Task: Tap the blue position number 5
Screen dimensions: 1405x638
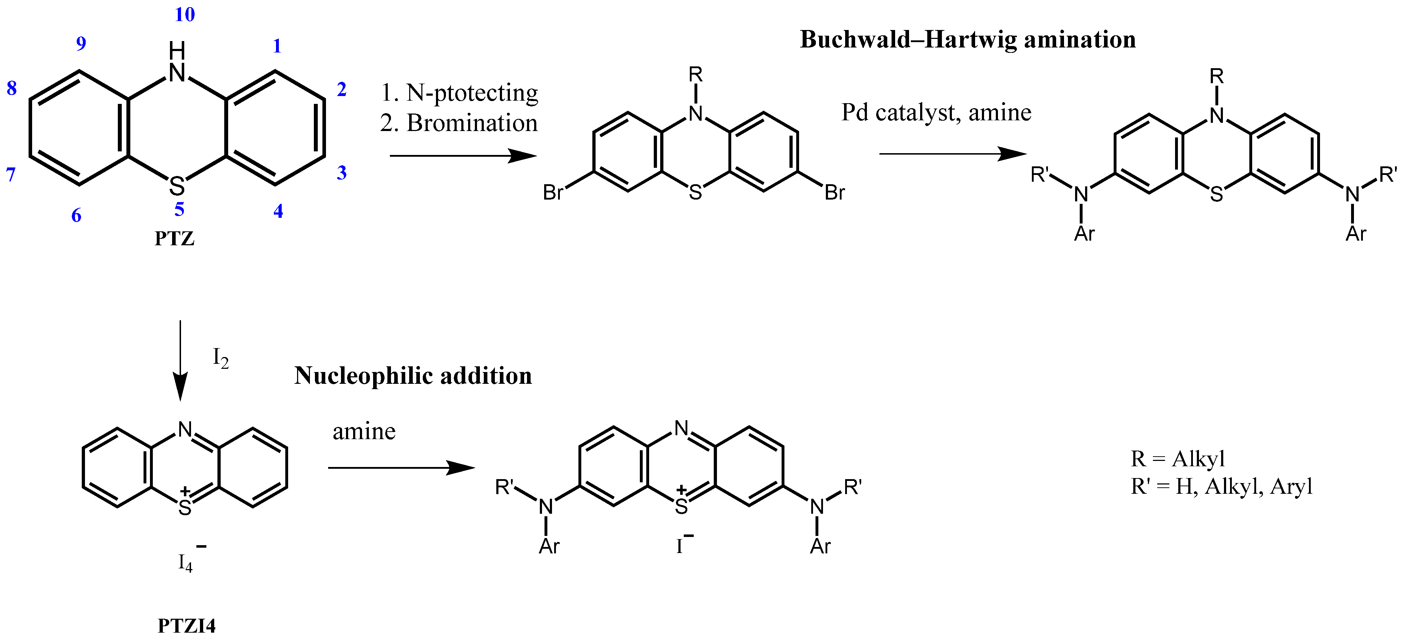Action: [x=179, y=210]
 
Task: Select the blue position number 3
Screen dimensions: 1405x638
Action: [x=341, y=173]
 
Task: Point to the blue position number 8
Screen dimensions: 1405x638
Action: [x=11, y=88]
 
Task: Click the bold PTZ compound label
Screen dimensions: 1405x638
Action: [x=175, y=239]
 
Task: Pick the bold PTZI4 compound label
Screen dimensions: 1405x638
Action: [x=186, y=626]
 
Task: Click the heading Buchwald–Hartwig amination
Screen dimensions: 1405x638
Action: [x=968, y=40]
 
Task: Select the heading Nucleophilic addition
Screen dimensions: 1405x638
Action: [x=413, y=376]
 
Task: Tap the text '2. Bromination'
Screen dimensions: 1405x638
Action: [x=459, y=123]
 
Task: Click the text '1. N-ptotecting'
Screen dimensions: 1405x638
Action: [x=459, y=93]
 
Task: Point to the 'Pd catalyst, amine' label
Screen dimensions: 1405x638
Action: [x=936, y=113]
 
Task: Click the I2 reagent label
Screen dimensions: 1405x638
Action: [x=220, y=359]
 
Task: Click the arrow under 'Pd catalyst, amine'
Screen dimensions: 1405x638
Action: [x=952, y=154]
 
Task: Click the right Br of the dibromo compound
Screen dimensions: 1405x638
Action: [x=834, y=192]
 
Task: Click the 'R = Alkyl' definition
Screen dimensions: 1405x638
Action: [x=1178, y=459]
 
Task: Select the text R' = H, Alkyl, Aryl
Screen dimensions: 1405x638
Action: [x=1221, y=486]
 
